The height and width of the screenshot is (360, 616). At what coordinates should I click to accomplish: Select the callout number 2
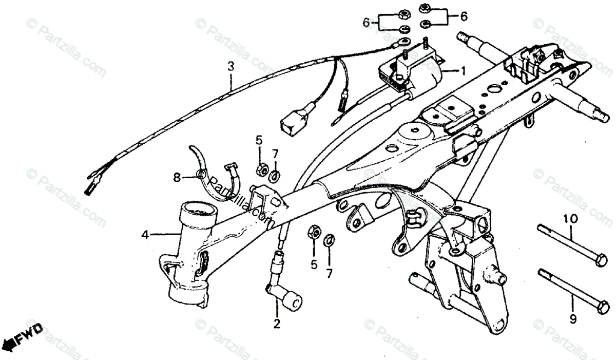pyautogui.click(x=277, y=324)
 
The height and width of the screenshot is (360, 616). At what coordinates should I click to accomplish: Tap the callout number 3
pyautogui.click(x=230, y=66)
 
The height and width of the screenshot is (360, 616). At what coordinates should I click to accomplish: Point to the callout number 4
pyautogui.click(x=146, y=236)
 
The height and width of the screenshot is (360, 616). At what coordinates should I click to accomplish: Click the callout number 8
pyautogui.click(x=177, y=178)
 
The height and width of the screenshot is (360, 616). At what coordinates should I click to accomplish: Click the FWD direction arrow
pyautogui.click(x=23, y=336)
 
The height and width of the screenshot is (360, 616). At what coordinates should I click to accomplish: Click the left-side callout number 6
pyautogui.click(x=366, y=22)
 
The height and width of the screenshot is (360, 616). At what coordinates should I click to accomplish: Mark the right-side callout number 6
pyautogui.click(x=464, y=17)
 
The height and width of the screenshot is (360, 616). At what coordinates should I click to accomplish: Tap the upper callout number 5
pyautogui.click(x=259, y=140)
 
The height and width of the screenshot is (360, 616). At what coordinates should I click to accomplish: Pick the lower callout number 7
pyautogui.click(x=329, y=272)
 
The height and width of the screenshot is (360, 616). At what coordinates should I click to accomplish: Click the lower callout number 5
pyautogui.click(x=314, y=265)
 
